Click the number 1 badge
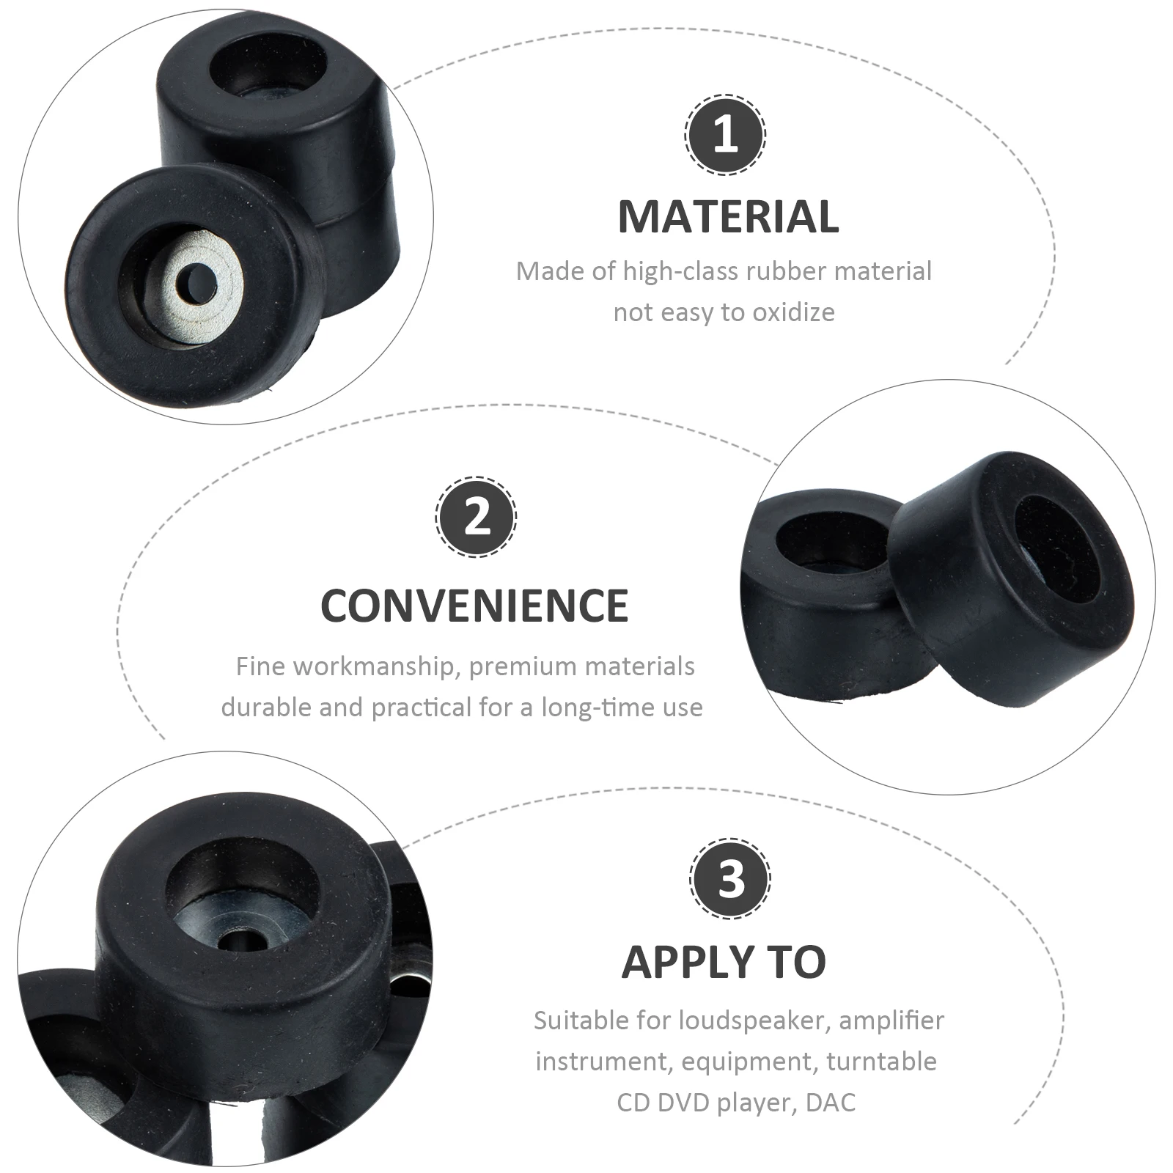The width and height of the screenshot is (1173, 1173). pyautogui.click(x=725, y=135)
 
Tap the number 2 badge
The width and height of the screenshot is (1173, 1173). pyautogui.click(x=477, y=516)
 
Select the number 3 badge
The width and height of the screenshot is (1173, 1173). pyautogui.click(x=730, y=878)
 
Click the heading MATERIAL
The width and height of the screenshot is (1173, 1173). pyautogui.click(x=728, y=216)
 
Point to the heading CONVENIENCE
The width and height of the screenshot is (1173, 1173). pyautogui.click(x=474, y=606)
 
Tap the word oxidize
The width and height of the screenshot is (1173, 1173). pyautogui.click(x=795, y=312)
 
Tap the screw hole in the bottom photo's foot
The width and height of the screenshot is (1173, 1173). pyautogui.click(x=238, y=941)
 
